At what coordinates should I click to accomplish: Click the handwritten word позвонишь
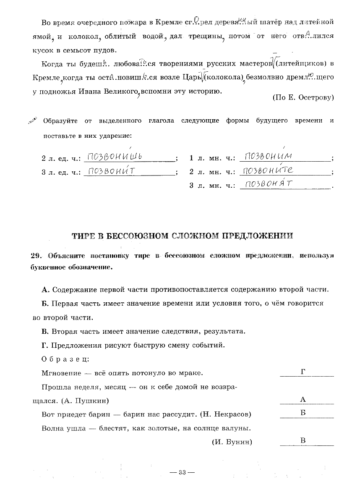(113, 157)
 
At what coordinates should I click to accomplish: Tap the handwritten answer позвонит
(112, 170)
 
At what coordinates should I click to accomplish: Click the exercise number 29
(35, 255)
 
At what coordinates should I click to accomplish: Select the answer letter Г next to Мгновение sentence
(303, 372)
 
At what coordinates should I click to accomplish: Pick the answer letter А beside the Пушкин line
(303, 400)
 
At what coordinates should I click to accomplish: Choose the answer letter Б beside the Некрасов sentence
(303, 413)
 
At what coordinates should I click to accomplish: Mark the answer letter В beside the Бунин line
(303, 440)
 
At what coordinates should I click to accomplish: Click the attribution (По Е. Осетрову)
(303, 97)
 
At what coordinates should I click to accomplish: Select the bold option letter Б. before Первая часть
(46, 303)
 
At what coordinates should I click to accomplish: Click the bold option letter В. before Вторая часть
(46, 331)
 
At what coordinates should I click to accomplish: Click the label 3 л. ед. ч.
(61, 172)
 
